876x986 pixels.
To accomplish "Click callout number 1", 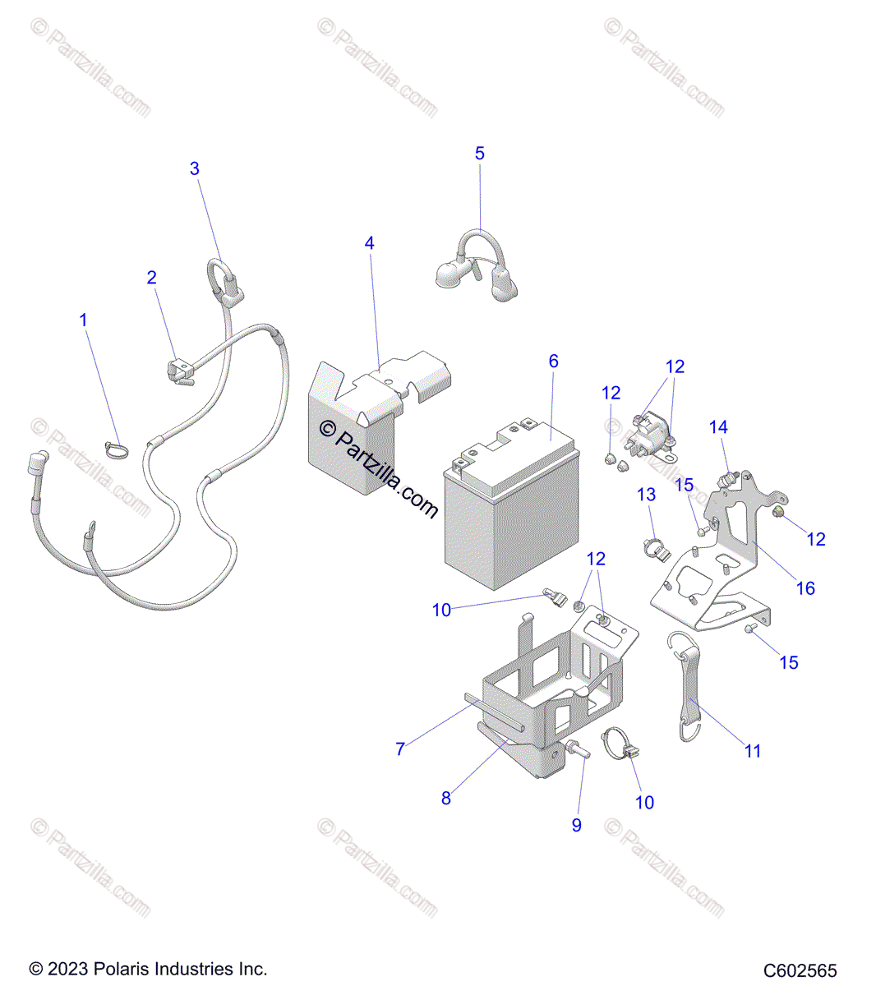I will point(83,319).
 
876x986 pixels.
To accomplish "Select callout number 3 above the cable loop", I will point(195,168).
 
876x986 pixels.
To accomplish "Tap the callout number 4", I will point(370,243).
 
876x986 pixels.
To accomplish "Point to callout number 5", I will point(480,153).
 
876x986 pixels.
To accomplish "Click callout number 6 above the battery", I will point(554,361).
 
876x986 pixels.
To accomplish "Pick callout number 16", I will point(806,588).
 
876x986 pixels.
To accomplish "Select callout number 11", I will point(753,750).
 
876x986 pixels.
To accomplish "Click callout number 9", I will point(577,825).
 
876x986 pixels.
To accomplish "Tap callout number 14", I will point(718,426).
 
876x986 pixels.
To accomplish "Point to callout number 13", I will point(647,495).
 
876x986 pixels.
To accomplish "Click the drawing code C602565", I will point(800,970).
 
